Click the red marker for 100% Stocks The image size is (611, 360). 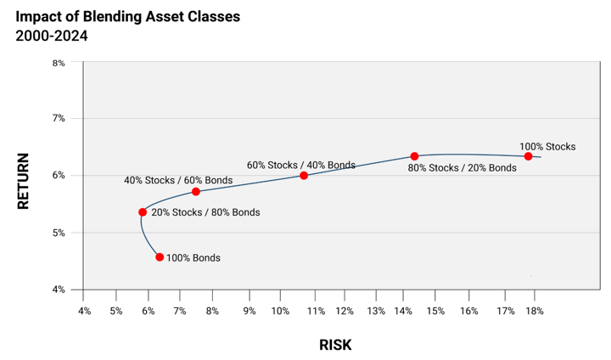528,156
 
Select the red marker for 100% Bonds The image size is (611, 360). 160,256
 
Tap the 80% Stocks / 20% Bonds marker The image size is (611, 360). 414,156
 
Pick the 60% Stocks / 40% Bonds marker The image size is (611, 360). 304,176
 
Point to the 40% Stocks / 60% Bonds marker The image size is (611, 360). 196,192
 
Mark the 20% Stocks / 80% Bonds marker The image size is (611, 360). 143,212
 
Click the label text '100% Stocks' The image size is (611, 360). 547,147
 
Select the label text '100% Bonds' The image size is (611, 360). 193,258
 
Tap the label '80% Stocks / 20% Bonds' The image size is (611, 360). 462,168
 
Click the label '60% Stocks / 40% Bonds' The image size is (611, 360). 301,165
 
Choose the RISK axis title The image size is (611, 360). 335,345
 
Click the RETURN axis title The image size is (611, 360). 23,181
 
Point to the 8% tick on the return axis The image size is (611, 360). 59,63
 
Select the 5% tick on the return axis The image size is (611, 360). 59,233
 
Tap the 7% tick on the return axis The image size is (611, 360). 59,119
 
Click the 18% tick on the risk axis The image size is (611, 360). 534,312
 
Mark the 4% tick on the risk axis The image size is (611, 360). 84,312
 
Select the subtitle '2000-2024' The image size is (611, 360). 52,36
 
